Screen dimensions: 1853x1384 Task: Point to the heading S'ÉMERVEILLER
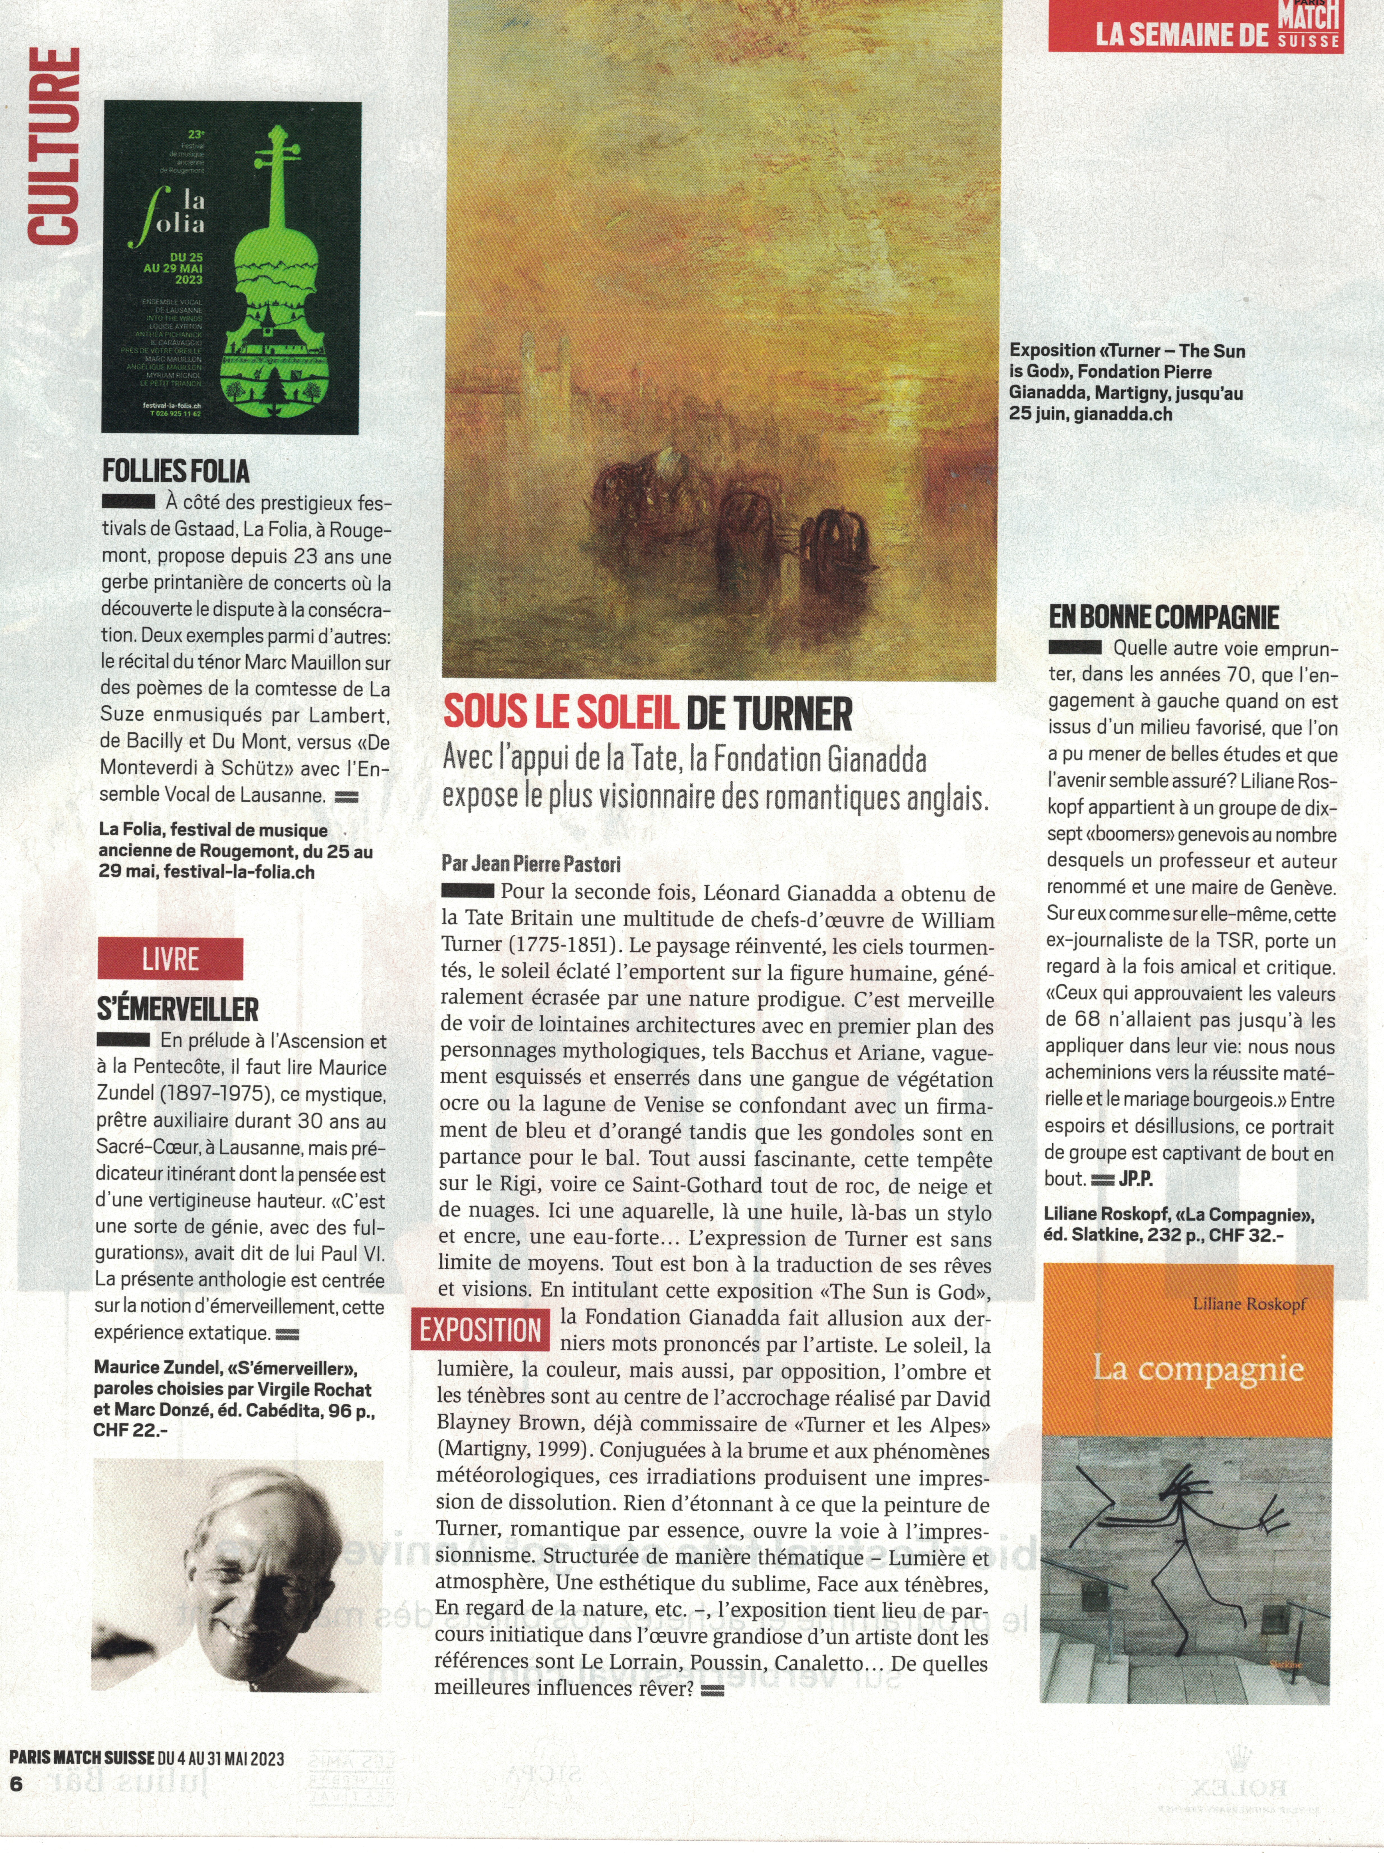178,1009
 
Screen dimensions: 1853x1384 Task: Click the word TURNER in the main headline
769,714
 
